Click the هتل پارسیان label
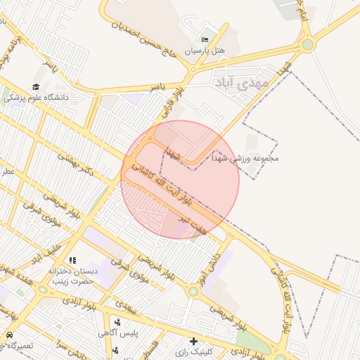(x=204, y=51)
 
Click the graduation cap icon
(x=36, y=86)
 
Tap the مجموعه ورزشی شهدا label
(x=246, y=159)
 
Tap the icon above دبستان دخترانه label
(x=73, y=261)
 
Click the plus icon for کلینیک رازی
(x=193, y=342)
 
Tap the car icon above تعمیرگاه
(x=10, y=335)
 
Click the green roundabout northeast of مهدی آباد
(x=307, y=45)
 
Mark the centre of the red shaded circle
(x=181, y=179)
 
